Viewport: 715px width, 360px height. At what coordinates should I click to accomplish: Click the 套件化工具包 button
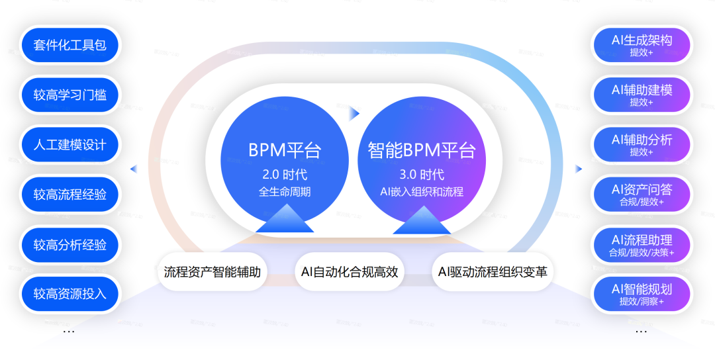(70, 46)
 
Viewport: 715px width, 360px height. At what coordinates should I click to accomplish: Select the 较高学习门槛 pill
(70, 95)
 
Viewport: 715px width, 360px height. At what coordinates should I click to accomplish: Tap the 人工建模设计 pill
(70, 145)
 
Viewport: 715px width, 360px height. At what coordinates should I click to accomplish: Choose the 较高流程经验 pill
(70, 195)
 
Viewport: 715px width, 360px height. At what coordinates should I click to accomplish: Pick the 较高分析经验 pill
(70, 245)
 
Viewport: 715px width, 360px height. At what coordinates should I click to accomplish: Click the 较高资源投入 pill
(70, 294)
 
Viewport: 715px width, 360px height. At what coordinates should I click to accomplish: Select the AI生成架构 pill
(641, 46)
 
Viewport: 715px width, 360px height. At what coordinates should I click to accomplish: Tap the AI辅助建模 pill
(641, 95)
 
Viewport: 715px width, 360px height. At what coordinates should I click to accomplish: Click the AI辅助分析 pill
(641, 145)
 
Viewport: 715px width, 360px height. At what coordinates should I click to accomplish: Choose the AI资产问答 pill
(641, 195)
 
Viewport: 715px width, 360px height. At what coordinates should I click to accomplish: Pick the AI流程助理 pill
(641, 245)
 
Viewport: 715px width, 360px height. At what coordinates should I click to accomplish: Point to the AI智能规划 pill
(641, 294)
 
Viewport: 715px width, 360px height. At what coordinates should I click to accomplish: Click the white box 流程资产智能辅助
(213, 271)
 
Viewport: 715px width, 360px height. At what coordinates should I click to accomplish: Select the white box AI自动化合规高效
(350, 271)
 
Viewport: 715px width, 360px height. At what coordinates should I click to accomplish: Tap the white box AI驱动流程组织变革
(493, 271)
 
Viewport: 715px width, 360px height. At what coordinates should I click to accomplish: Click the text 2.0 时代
(285, 175)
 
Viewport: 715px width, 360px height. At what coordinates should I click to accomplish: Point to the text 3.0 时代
(422, 175)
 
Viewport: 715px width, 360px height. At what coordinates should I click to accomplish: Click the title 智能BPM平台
(422, 151)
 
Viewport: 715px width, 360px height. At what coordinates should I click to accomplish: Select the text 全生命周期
(285, 193)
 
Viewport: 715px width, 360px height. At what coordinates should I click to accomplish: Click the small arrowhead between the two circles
(354, 113)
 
